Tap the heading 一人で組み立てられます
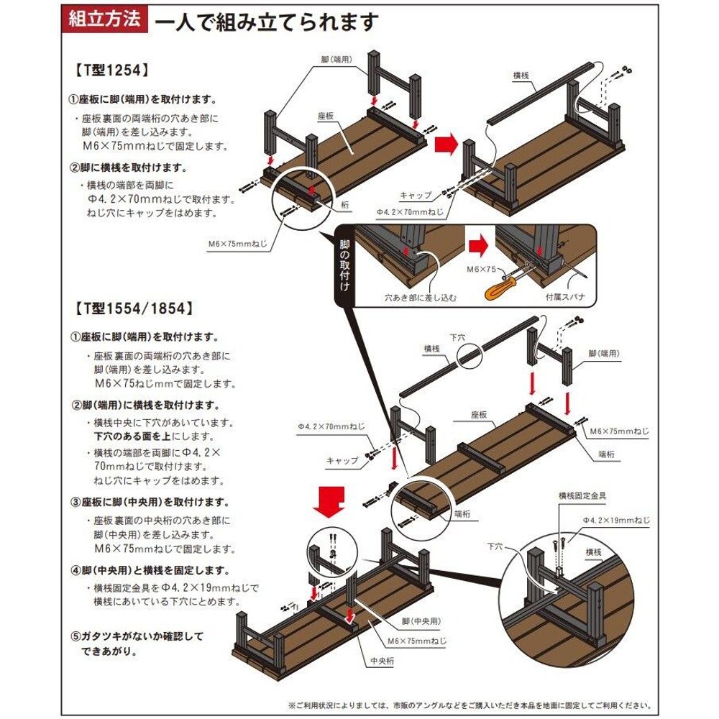pyautogui.click(x=266, y=22)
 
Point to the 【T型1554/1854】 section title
pyautogui.click(x=133, y=308)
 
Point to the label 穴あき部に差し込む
pyautogui.click(x=410, y=296)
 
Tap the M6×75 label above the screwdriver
pyautogui.click(x=482, y=269)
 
